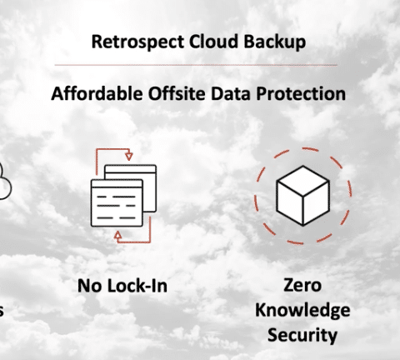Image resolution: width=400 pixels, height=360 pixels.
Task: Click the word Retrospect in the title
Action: (137, 42)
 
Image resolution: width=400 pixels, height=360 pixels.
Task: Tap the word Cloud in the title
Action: (214, 41)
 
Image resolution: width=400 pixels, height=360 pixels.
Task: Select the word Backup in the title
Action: (275, 42)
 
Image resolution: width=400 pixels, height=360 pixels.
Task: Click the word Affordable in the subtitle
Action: (97, 93)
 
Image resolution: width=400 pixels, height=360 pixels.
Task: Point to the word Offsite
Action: (177, 93)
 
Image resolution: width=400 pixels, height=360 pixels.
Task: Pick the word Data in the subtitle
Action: (231, 93)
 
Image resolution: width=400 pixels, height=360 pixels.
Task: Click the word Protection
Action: (301, 93)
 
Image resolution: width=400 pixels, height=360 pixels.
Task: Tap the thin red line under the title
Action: (196, 65)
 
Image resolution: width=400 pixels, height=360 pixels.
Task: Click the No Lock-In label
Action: (122, 286)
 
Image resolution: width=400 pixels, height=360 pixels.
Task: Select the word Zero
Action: (302, 285)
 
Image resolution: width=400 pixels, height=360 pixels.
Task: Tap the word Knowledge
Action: (302, 310)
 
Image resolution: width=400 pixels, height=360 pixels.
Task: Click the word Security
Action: (302, 335)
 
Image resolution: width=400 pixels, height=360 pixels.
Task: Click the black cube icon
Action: (303, 196)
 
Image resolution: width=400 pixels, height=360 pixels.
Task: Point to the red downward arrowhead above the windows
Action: (128, 156)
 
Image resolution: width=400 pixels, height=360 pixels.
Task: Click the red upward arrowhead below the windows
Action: (118, 235)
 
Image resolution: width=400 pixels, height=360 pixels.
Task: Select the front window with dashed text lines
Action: (117, 203)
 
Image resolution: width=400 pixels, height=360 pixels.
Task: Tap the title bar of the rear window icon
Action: (130, 169)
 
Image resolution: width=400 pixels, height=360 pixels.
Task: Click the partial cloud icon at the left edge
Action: (6, 182)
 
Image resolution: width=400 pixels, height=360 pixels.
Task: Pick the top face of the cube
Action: (303, 181)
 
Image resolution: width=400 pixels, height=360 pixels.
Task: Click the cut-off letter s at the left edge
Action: (2, 311)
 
